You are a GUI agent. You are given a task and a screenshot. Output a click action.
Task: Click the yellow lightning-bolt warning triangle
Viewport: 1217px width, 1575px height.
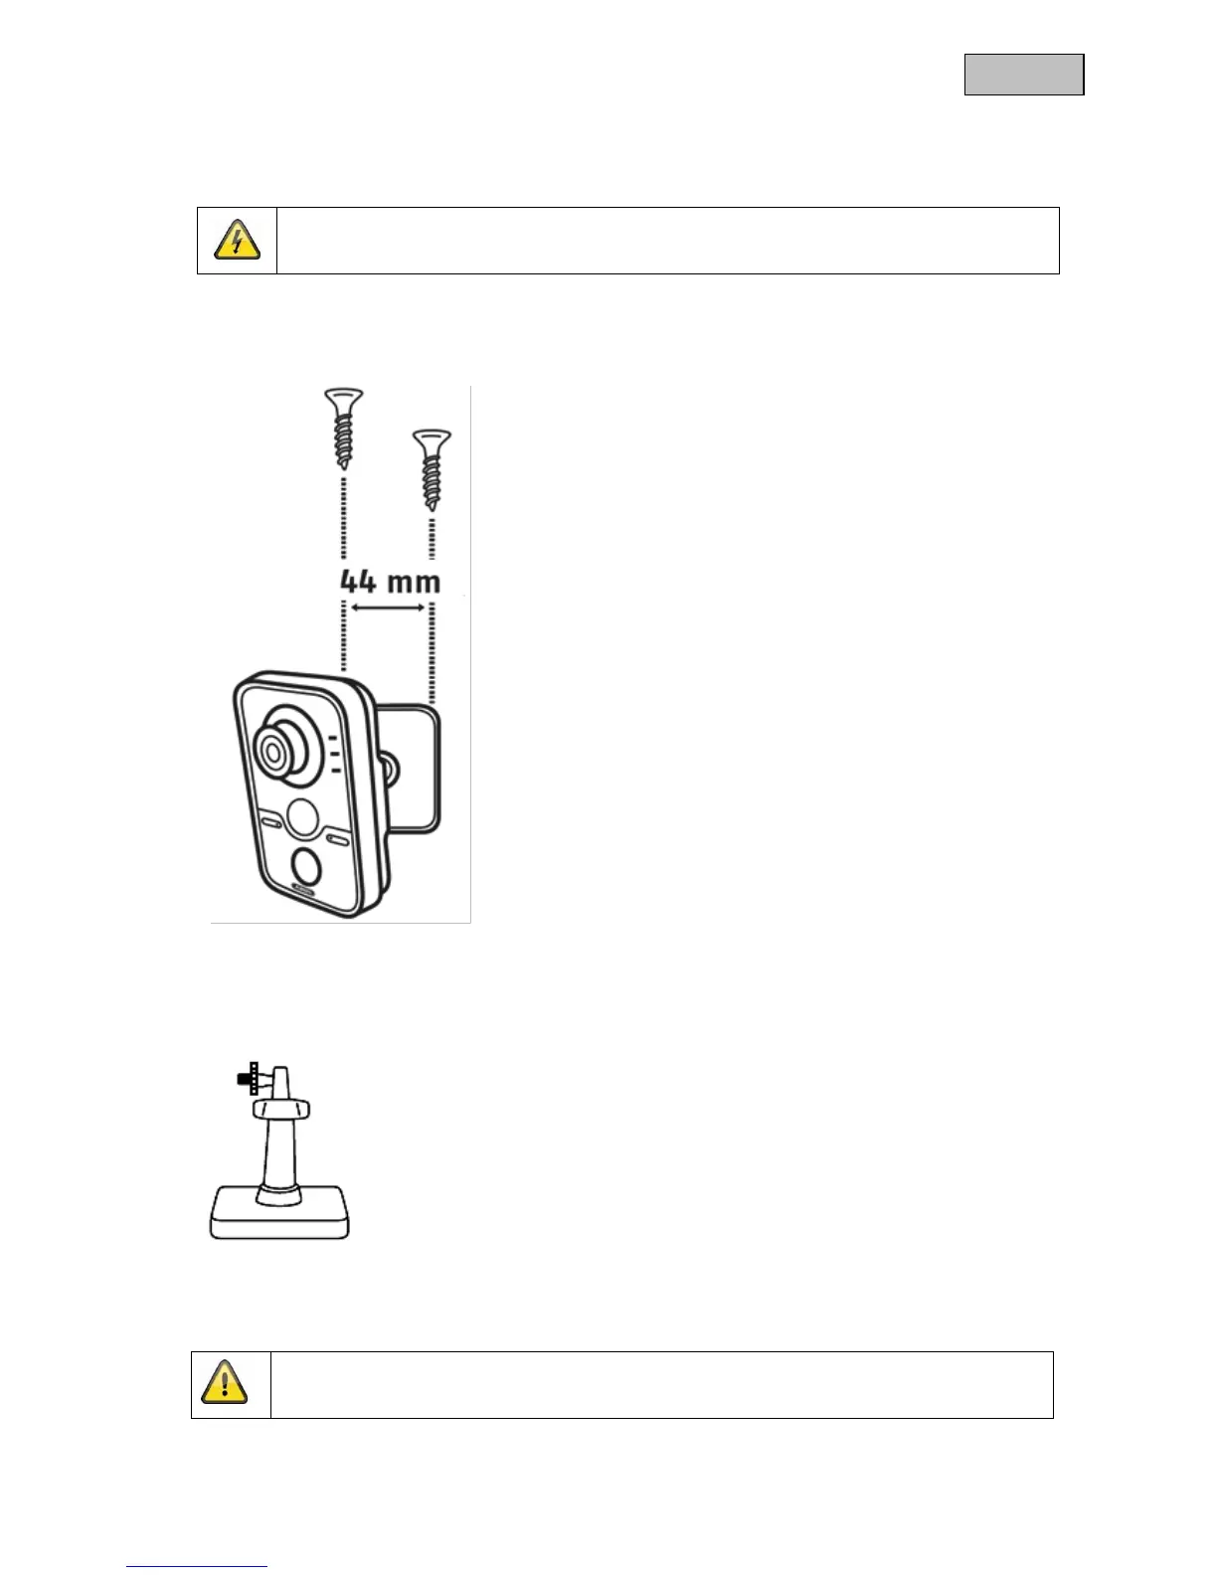click(x=237, y=241)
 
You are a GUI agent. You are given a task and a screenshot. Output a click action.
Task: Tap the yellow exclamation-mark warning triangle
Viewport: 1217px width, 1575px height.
click(x=225, y=1383)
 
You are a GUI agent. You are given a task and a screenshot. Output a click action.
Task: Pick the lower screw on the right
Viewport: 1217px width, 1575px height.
click(x=432, y=468)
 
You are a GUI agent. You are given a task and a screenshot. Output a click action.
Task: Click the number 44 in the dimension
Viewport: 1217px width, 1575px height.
click(x=358, y=582)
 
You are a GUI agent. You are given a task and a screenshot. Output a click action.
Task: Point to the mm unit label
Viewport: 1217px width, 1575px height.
click(x=413, y=583)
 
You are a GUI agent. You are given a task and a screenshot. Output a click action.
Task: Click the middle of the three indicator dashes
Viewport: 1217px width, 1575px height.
click(x=333, y=754)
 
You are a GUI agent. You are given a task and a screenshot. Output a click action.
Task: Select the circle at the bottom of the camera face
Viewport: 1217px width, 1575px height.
click(x=307, y=867)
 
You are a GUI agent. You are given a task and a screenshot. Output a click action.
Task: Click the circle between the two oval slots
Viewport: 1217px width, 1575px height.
click(x=303, y=818)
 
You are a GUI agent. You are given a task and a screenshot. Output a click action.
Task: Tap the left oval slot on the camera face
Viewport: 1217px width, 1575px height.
click(x=270, y=822)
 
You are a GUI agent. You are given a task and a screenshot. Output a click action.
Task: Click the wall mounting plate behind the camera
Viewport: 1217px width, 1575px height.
click(x=417, y=767)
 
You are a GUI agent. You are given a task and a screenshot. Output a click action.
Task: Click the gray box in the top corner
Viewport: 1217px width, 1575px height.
click(x=1023, y=75)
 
